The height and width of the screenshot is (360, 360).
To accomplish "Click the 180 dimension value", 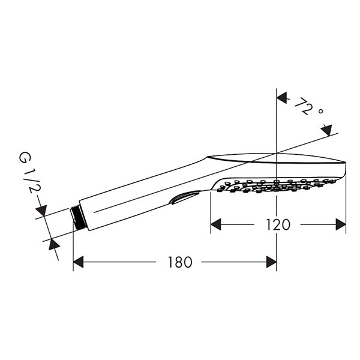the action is tap(180, 262).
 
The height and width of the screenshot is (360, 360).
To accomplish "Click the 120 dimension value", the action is tap(278, 224).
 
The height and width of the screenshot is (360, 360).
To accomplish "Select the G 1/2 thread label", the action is tap(30, 172).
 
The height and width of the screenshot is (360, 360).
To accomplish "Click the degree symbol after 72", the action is tap(321, 112).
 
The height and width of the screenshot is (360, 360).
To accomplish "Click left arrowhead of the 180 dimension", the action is tap(78, 262).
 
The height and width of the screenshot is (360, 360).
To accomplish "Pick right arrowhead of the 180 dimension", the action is tap(271, 262).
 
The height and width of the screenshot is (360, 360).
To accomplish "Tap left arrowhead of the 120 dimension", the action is tap(215, 224).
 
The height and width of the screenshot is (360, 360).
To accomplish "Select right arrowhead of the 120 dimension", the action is tap(341, 224).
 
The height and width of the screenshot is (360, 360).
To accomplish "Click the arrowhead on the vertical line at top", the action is tap(282, 98).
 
